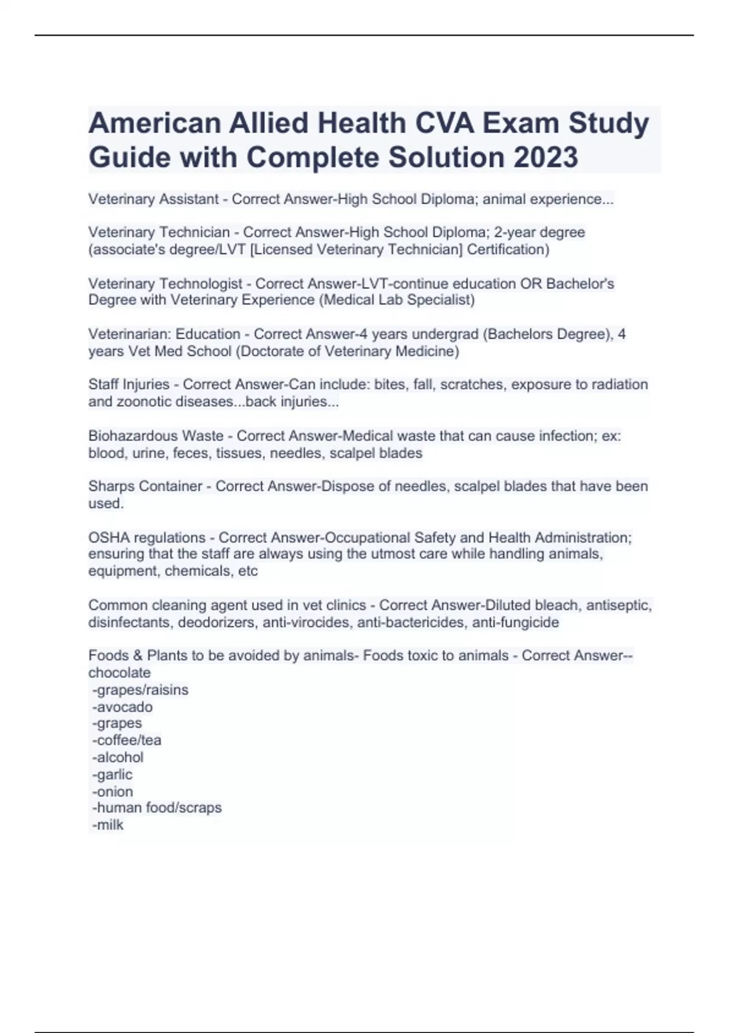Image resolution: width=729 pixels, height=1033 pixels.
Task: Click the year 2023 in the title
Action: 546,157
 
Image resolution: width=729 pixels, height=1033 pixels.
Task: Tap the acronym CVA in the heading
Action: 444,123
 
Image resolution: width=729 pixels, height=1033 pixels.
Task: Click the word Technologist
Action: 200,283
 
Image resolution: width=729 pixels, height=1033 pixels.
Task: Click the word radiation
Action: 620,385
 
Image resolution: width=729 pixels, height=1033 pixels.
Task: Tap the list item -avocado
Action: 122,707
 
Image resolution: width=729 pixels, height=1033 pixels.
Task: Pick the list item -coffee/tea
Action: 126,740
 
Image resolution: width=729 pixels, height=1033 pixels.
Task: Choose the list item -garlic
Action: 112,774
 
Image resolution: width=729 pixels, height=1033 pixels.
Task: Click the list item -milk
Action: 108,825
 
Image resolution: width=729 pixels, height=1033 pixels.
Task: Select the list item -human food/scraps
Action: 157,808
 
